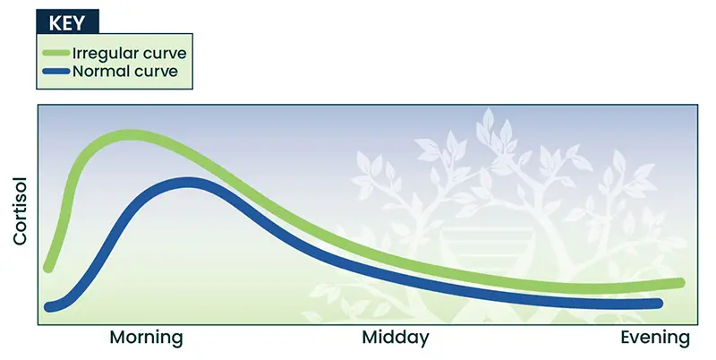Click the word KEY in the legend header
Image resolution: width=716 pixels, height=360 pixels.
66,23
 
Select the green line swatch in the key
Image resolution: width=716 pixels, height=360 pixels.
56,53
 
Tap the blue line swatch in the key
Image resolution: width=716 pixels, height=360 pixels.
56,72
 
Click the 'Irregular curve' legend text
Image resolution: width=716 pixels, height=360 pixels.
130,53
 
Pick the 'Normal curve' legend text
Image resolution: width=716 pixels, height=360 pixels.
125,72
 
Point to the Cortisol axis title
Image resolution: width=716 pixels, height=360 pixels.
20,211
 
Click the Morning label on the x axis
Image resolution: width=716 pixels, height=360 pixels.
146,339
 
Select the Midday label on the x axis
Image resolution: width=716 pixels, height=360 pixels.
396,338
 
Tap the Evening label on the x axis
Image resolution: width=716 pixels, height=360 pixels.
655,338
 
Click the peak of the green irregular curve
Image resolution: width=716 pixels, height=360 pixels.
130,135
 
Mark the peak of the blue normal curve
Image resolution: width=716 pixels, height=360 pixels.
187,183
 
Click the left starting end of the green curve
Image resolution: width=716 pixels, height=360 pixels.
48,268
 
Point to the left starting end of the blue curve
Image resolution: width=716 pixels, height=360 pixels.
49,307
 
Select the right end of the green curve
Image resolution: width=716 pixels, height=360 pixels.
680,283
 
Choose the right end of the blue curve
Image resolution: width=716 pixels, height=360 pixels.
658,304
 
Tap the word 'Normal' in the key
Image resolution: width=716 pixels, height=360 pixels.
99,72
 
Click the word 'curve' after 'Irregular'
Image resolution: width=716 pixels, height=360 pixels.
165,54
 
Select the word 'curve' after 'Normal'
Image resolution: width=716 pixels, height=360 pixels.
154,72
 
